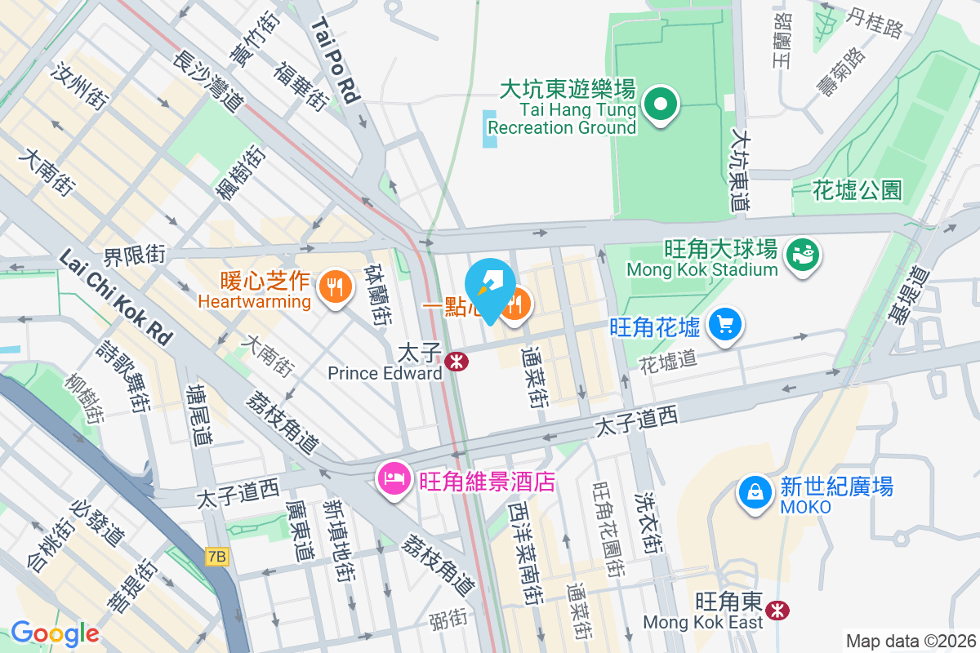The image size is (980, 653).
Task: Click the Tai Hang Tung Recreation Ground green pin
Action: [661, 104]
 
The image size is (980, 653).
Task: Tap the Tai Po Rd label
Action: [336, 61]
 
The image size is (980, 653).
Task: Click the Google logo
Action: [54, 633]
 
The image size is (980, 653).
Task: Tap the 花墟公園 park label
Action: [857, 191]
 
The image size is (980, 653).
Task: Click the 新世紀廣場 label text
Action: [836, 487]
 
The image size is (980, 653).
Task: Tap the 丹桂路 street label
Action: [875, 24]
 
